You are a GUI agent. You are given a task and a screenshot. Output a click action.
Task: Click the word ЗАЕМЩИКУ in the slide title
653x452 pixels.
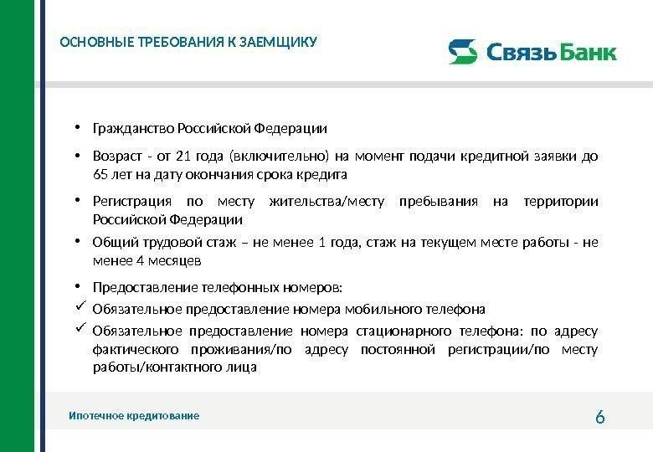(278, 42)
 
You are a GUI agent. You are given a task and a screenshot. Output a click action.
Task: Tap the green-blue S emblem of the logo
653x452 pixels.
(463, 52)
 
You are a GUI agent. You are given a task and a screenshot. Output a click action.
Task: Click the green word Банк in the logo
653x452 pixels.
(587, 52)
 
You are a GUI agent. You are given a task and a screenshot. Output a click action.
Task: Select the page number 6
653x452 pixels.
(600, 417)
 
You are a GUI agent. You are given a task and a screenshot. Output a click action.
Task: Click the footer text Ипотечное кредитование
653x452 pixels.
(134, 416)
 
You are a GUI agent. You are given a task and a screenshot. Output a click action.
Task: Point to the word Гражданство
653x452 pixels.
(133, 129)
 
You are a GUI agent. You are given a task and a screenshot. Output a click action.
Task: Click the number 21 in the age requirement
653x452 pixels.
(183, 156)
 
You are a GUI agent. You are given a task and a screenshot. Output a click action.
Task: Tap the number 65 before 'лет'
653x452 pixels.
(100, 174)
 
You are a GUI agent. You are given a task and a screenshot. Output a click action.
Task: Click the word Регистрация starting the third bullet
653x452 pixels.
(132, 202)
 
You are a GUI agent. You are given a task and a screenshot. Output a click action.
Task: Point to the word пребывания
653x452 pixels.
(439, 202)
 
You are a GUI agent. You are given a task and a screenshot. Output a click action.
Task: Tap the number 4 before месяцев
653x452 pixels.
(140, 261)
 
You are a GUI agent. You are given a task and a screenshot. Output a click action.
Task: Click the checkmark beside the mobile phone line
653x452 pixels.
(81, 306)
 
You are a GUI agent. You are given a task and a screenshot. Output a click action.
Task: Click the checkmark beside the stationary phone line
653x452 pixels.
(81, 327)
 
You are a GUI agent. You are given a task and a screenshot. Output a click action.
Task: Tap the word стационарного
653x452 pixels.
(404, 331)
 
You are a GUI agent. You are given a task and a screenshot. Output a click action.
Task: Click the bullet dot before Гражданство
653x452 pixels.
(78, 128)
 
